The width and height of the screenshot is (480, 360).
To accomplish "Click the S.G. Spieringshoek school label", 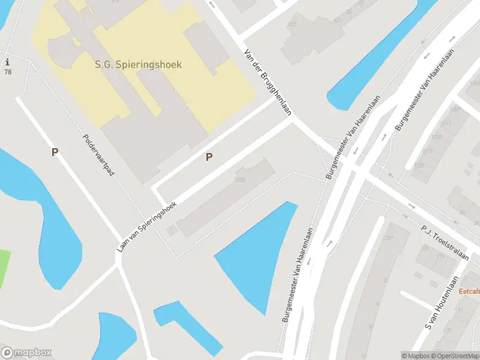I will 138,64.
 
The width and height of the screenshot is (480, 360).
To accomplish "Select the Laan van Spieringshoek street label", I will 148,225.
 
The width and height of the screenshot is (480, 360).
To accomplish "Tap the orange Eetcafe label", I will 469,291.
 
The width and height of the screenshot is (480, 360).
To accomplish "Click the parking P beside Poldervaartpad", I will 55,152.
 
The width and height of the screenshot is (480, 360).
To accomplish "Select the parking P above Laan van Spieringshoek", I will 209,157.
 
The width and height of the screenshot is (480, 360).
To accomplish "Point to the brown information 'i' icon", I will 7,62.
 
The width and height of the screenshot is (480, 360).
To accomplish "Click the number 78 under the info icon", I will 8,72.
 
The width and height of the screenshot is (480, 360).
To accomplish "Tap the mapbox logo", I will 26,352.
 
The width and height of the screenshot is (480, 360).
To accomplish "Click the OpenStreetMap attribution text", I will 455,356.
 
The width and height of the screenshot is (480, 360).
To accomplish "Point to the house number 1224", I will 240,179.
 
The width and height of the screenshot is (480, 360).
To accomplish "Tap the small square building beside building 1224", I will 172,230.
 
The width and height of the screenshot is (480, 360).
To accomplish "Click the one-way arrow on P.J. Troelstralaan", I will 411,206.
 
